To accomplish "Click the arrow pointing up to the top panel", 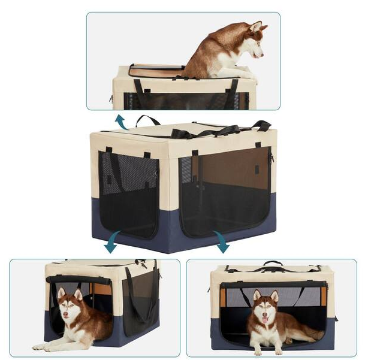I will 122,122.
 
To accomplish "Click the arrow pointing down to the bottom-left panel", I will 112,246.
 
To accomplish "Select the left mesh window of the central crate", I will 128,192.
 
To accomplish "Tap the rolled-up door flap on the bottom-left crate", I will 78,279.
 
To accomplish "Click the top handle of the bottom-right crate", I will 273,263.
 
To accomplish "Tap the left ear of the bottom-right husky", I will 257,295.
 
